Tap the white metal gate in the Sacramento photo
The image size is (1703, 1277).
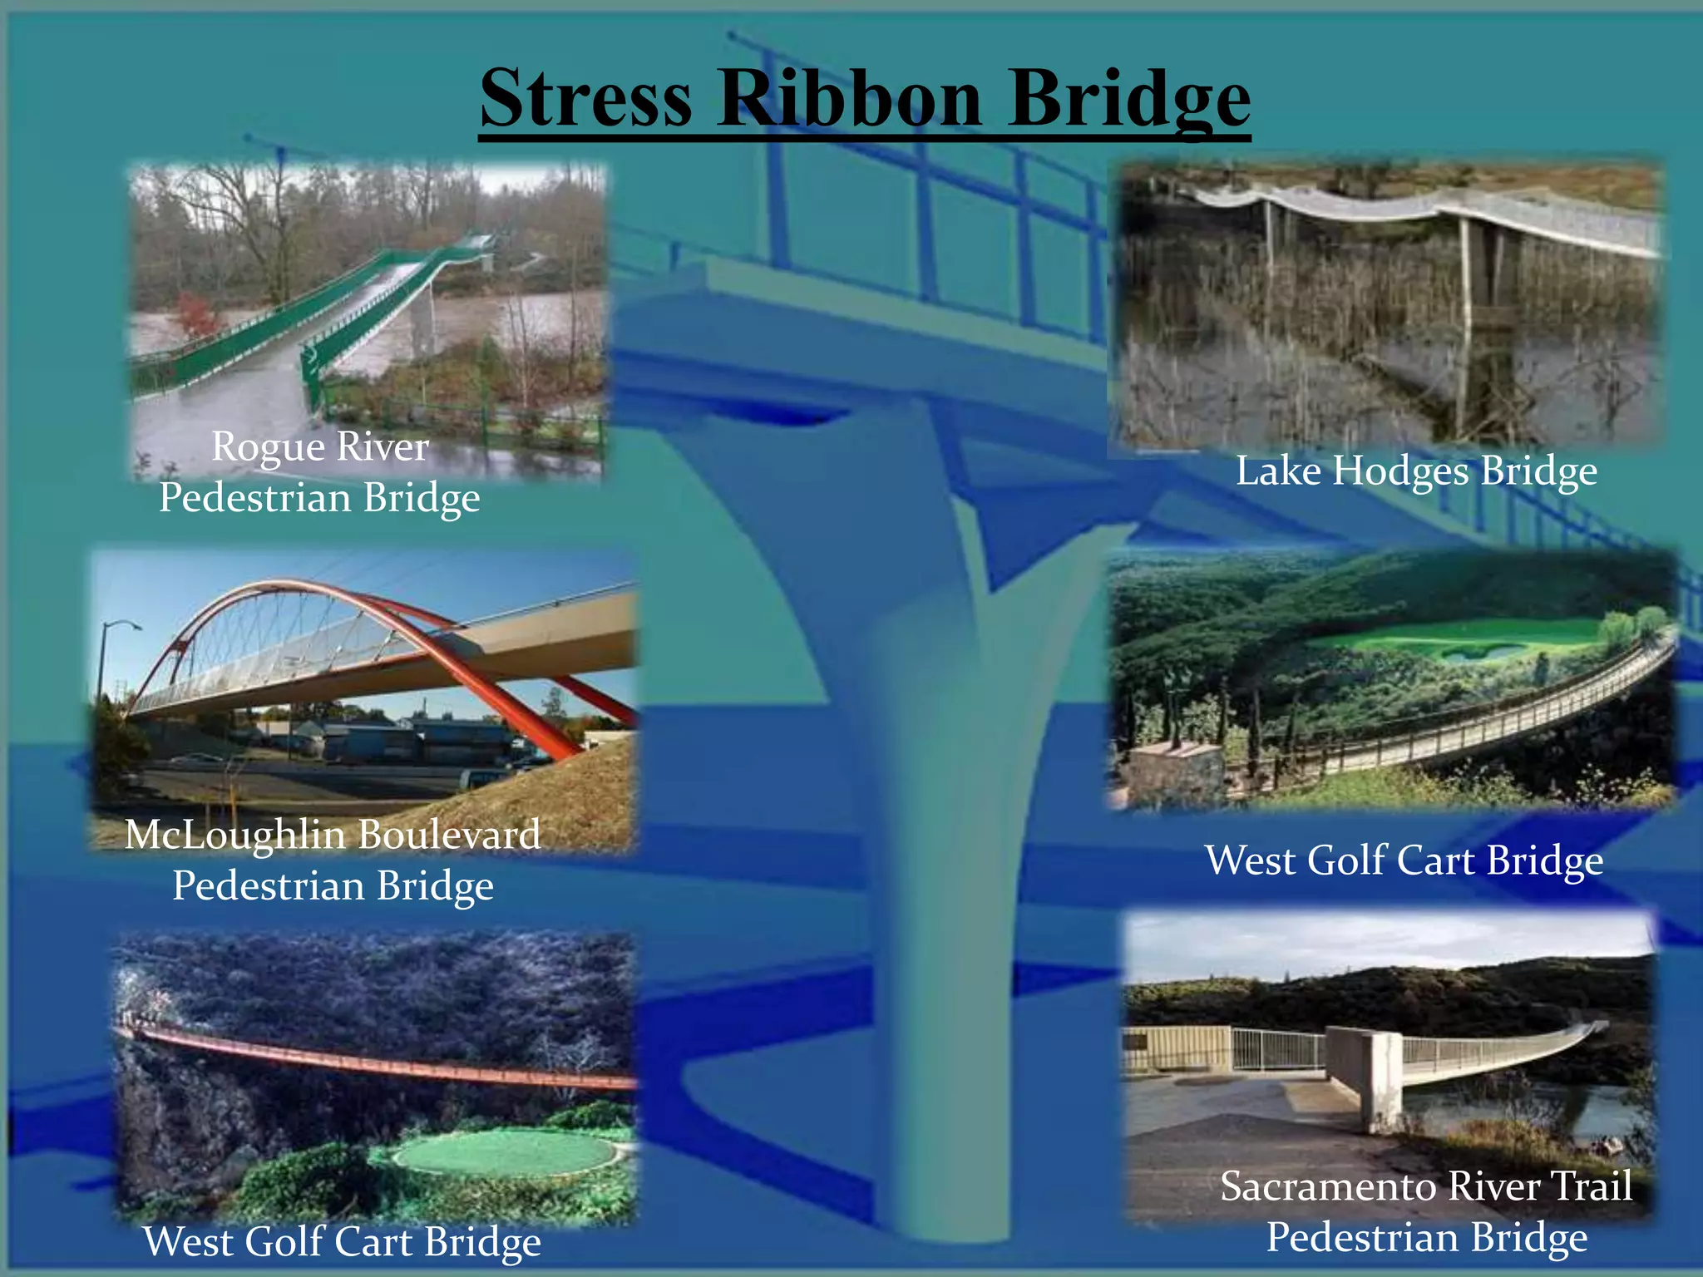pyautogui.click(x=1277, y=1049)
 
